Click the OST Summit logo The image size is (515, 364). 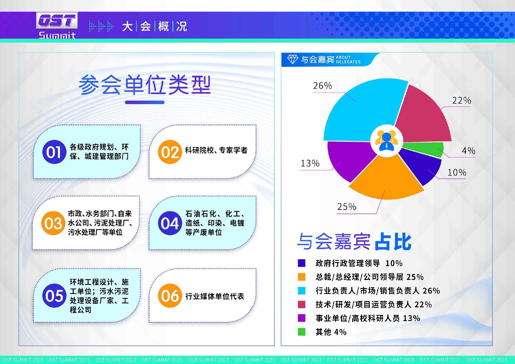click(x=57, y=25)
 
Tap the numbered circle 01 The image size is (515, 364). click(x=54, y=152)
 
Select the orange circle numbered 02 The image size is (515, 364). click(x=170, y=152)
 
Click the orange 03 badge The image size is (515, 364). click(x=53, y=223)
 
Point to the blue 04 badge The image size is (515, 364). click(x=170, y=223)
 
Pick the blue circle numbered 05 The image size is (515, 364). click(x=54, y=296)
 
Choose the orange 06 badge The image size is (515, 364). click(x=170, y=296)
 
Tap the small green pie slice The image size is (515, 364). click(x=426, y=148)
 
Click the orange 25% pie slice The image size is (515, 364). click(x=386, y=180)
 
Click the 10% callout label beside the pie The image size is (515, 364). click(x=457, y=172)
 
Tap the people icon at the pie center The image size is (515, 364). click(x=387, y=141)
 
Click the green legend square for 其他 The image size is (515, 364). click(x=301, y=332)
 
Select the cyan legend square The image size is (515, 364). click(x=301, y=291)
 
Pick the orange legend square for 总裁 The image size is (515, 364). click(x=301, y=277)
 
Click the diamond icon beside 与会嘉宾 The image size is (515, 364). click(x=292, y=59)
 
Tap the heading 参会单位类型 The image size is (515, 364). click(x=145, y=85)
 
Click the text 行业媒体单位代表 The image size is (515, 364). click(x=215, y=296)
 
